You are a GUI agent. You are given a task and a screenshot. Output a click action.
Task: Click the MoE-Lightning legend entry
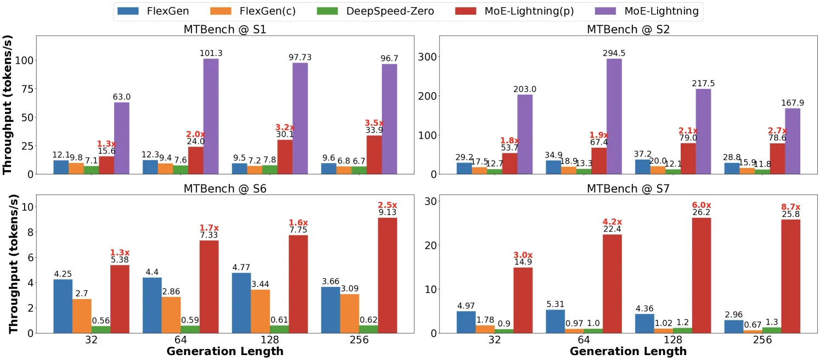tap(647, 11)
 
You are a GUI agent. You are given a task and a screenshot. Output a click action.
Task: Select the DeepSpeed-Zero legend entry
tap(376, 11)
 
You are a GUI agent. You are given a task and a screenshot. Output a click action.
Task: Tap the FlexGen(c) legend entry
tap(253, 11)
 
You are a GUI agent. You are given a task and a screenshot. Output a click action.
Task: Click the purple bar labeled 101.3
tap(211, 116)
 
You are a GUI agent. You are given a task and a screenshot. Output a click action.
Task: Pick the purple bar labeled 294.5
tap(614, 116)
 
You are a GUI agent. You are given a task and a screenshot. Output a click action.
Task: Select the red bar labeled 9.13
tap(387, 275)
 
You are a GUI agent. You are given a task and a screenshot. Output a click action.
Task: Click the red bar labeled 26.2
tap(702, 275)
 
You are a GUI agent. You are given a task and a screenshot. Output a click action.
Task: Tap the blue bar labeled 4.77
tap(241, 303)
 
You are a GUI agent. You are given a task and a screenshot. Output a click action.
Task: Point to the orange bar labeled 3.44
tap(261, 311)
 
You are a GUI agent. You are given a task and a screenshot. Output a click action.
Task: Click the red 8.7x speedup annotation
tap(791, 207)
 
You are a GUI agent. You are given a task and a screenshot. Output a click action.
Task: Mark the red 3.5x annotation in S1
tap(374, 123)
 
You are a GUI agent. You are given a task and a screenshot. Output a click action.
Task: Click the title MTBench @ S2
tap(628, 29)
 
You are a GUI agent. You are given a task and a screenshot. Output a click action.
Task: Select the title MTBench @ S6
tap(225, 189)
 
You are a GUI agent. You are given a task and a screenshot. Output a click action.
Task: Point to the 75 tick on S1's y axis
tap(26, 89)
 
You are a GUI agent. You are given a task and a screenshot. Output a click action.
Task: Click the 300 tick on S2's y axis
tap(427, 57)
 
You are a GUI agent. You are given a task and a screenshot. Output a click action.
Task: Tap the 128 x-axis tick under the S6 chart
tap(270, 340)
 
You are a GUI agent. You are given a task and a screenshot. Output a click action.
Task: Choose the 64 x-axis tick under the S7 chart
tap(584, 340)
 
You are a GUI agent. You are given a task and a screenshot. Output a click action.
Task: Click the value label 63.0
tap(122, 97)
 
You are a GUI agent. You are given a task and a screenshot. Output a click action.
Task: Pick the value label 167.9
tap(793, 103)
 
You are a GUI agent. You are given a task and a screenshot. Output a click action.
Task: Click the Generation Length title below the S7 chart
tap(628, 352)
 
